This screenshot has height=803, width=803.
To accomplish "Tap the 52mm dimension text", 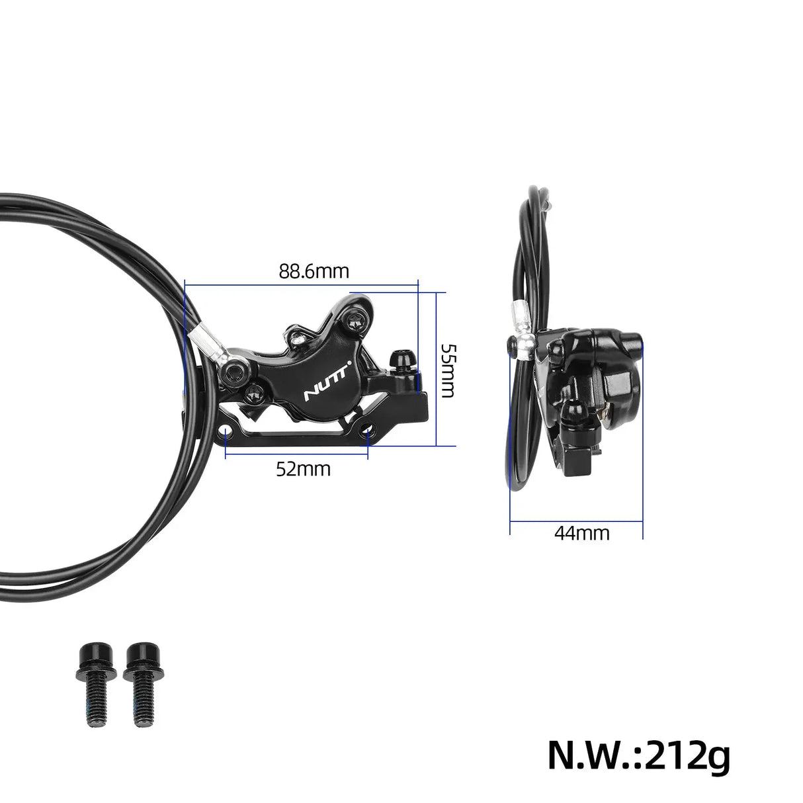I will click(x=303, y=469).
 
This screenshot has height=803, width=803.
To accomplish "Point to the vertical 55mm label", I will click(x=447, y=370).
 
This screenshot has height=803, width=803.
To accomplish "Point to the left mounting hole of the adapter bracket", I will click(x=227, y=433).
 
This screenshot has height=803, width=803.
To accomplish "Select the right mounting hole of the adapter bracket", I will click(x=368, y=433).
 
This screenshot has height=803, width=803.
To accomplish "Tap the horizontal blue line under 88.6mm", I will click(x=302, y=285).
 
